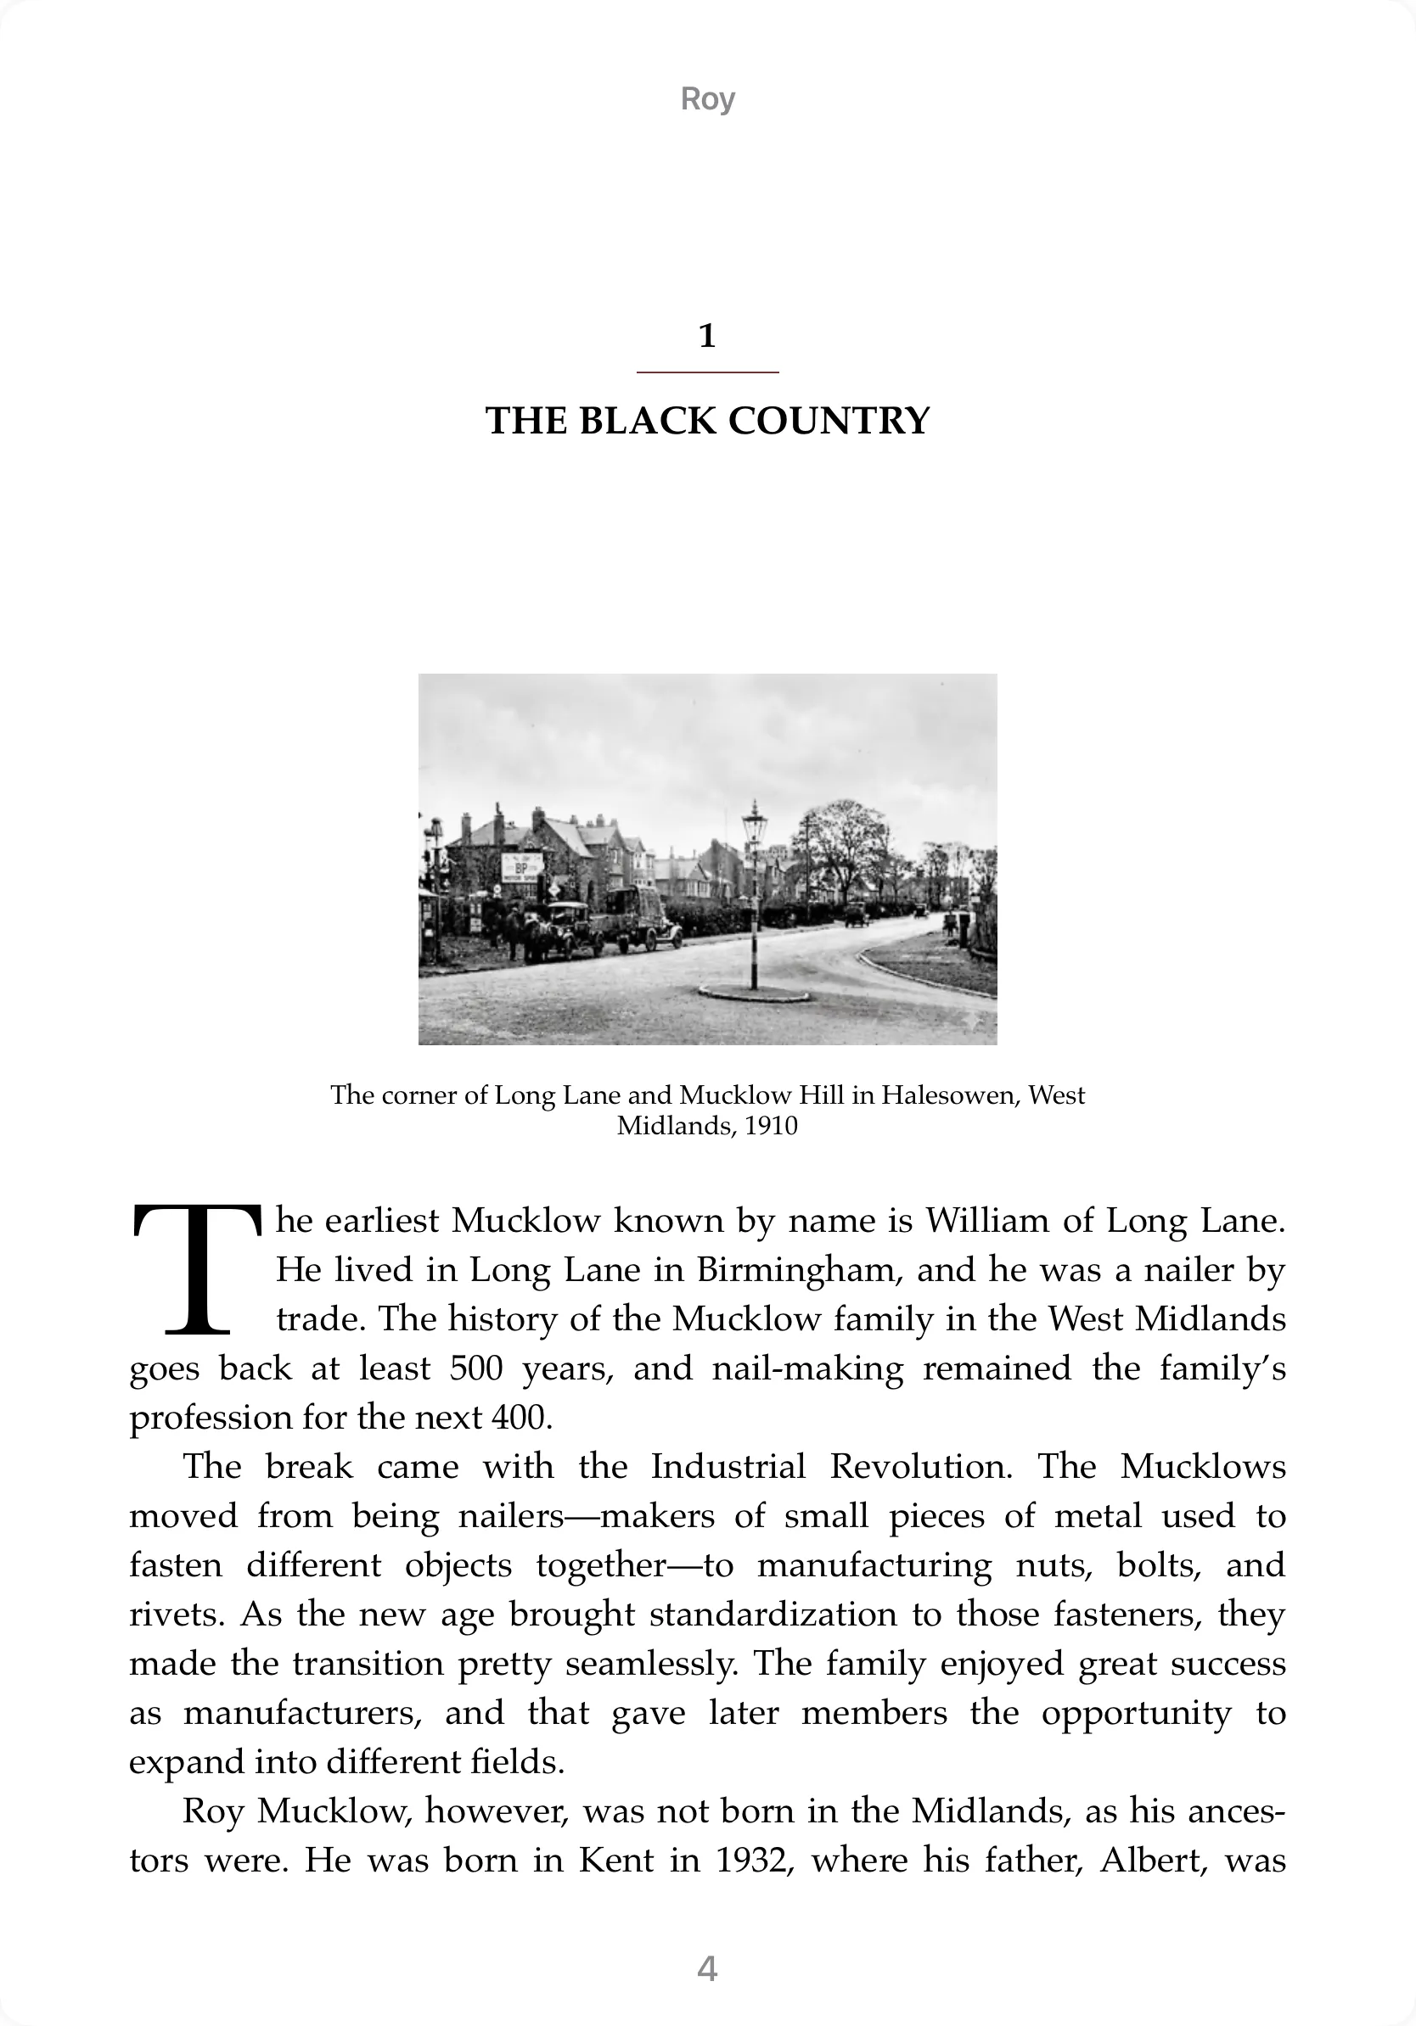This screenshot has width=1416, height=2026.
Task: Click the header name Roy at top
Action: (x=707, y=98)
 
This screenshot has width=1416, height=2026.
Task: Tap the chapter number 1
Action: (x=707, y=336)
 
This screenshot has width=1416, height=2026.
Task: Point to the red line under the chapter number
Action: (x=707, y=372)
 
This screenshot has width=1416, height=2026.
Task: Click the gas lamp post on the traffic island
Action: (x=754, y=900)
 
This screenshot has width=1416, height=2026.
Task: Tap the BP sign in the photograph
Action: (x=522, y=864)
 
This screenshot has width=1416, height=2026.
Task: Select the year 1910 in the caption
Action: (x=771, y=1127)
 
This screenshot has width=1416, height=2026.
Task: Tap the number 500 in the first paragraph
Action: (x=476, y=1368)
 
